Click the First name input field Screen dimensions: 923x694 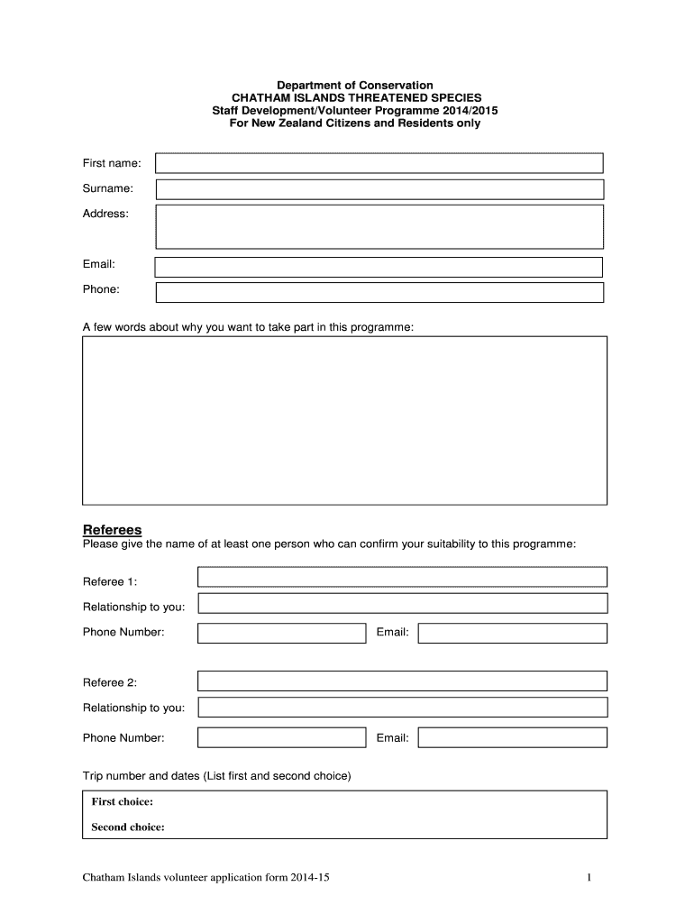coord(379,163)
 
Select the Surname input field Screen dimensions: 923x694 coord(379,189)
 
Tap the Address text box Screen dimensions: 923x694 coord(379,226)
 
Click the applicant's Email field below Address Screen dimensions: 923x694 coord(379,267)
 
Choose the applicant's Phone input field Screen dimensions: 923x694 coord(379,292)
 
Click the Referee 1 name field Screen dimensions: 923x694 coord(402,577)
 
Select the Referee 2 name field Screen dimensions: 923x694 coord(402,681)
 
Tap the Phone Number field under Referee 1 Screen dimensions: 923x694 coord(281,633)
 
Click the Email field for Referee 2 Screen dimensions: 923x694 coord(512,738)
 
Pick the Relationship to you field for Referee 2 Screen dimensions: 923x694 coord(402,708)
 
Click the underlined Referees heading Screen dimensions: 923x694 coord(113,529)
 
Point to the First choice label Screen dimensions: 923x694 coord(123,801)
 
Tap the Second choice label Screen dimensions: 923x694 coord(128,827)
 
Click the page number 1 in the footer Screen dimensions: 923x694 coord(588,877)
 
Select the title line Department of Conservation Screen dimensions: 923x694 coord(346,85)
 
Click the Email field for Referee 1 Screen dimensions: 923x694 coord(512,633)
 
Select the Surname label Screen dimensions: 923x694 coord(108,188)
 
